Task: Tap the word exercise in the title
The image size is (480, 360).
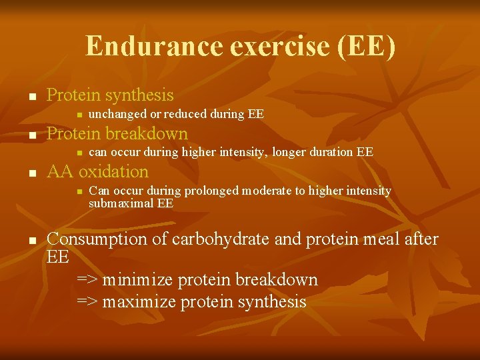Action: coord(245,47)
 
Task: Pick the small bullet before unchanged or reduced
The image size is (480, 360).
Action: coord(79,115)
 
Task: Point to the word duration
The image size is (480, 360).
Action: coord(331,152)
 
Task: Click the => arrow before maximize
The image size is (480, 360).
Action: coord(87,302)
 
